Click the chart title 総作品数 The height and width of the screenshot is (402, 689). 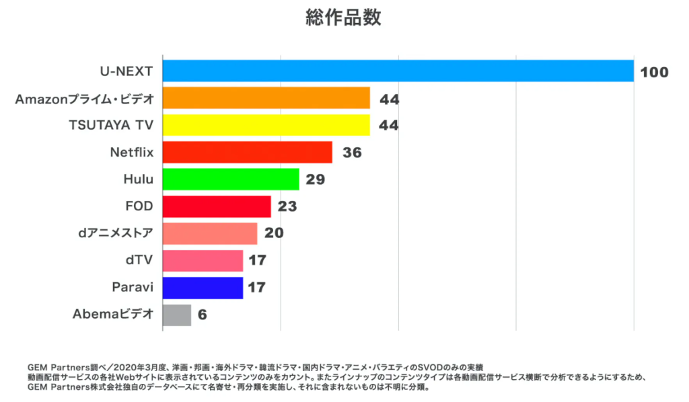point(343,18)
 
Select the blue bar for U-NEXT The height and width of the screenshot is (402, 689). point(398,71)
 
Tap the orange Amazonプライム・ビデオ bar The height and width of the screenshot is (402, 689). point(266,98)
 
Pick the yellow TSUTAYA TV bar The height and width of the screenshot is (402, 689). point(266,125)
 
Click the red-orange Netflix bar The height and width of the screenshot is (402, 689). point(248,152)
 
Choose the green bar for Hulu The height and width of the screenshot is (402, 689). point(231,179)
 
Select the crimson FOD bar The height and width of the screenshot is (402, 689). point(217,206)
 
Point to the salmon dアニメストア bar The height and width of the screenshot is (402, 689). point(210,233)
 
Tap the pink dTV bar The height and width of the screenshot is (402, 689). point(203,260)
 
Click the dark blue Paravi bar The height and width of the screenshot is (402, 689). point(203,288)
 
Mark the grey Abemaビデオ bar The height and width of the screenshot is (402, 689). point(177,315)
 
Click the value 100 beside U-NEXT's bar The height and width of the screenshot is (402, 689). point(654,72)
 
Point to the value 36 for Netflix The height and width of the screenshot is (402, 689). point(351,153)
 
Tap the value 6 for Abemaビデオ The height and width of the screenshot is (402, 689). point(202,315)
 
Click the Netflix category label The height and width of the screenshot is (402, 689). point(132,152)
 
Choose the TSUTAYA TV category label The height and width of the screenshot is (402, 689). point(112,125)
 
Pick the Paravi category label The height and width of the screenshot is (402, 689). point(133,288)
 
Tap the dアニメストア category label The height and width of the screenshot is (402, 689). point(116,233)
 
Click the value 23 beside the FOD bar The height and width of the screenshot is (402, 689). point(287,206)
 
